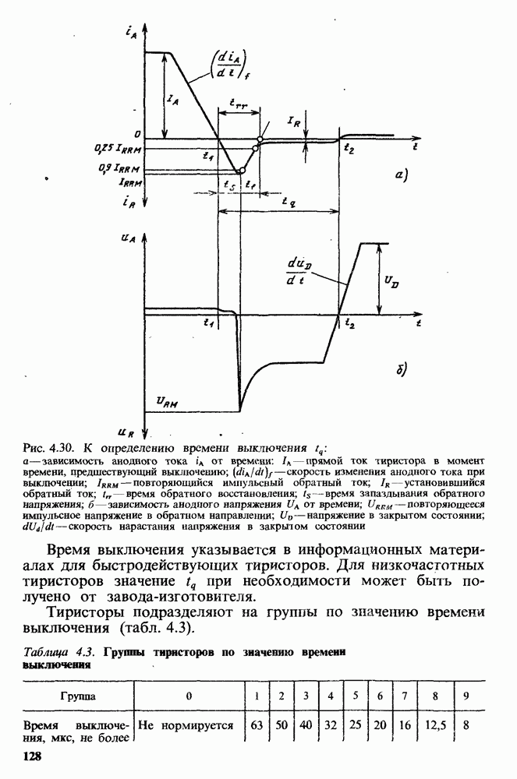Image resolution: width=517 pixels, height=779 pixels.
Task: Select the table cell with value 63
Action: [x=256, y=725]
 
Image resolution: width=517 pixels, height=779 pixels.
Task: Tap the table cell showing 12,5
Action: [x=434, y=725]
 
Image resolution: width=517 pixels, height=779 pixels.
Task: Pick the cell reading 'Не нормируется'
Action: [x=186, y=725]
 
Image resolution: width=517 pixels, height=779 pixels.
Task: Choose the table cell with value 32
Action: [x=331, y=725]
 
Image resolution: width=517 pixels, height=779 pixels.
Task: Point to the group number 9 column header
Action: [x=466, y=694]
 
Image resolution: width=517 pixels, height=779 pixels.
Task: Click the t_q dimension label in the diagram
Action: [x=291, y=201]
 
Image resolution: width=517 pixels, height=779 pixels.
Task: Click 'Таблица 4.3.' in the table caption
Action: [x=50, y=650]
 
